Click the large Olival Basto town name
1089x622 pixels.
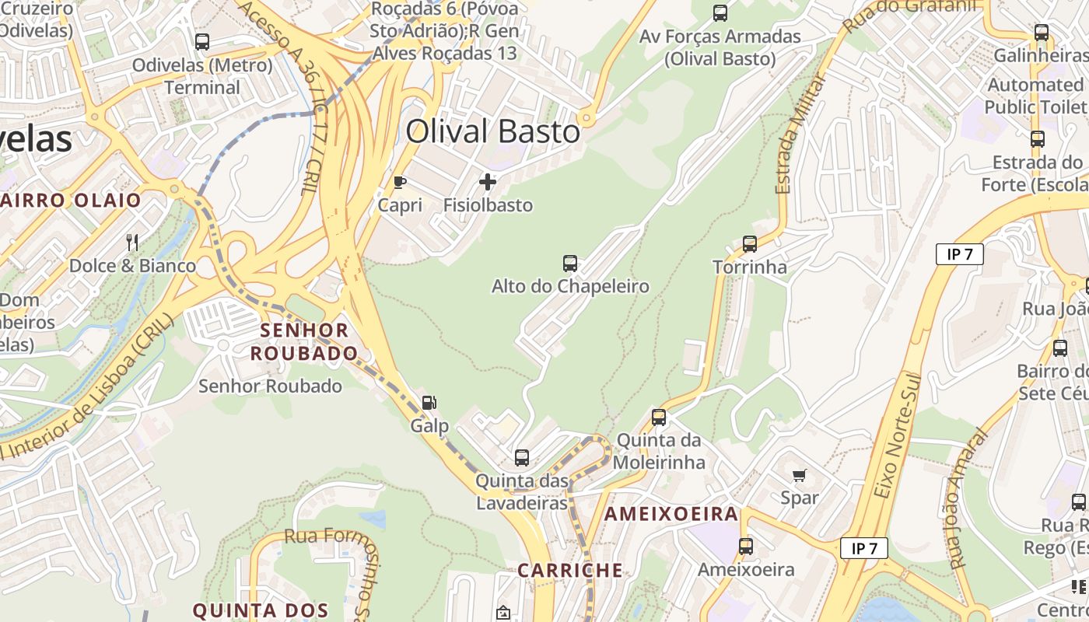click(x=493, y=131)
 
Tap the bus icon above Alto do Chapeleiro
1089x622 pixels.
click(x=570, y=264)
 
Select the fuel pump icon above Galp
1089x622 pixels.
click(x=429, y=403)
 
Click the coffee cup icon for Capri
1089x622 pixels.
click(x=399, y=183)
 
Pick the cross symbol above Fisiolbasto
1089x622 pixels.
click(x=488, y=183)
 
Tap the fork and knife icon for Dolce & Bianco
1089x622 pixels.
click(x=132, y=243)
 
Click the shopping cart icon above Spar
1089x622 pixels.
click(x=799, y=475)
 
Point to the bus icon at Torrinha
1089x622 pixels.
click(x=750, y=244)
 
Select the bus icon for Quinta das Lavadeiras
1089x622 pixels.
click(x=522, y=458)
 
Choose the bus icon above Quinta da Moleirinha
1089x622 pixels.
click(x=659, y=418)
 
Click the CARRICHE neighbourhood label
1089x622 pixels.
click(x=570, y=570)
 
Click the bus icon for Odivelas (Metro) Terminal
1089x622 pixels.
click(x=202, y=42)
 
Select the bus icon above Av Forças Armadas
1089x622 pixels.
click(x=720, y=13)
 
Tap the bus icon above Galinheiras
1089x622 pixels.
click(x=1042, y=33)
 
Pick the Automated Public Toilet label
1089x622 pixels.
click(x=1036, y=96)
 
